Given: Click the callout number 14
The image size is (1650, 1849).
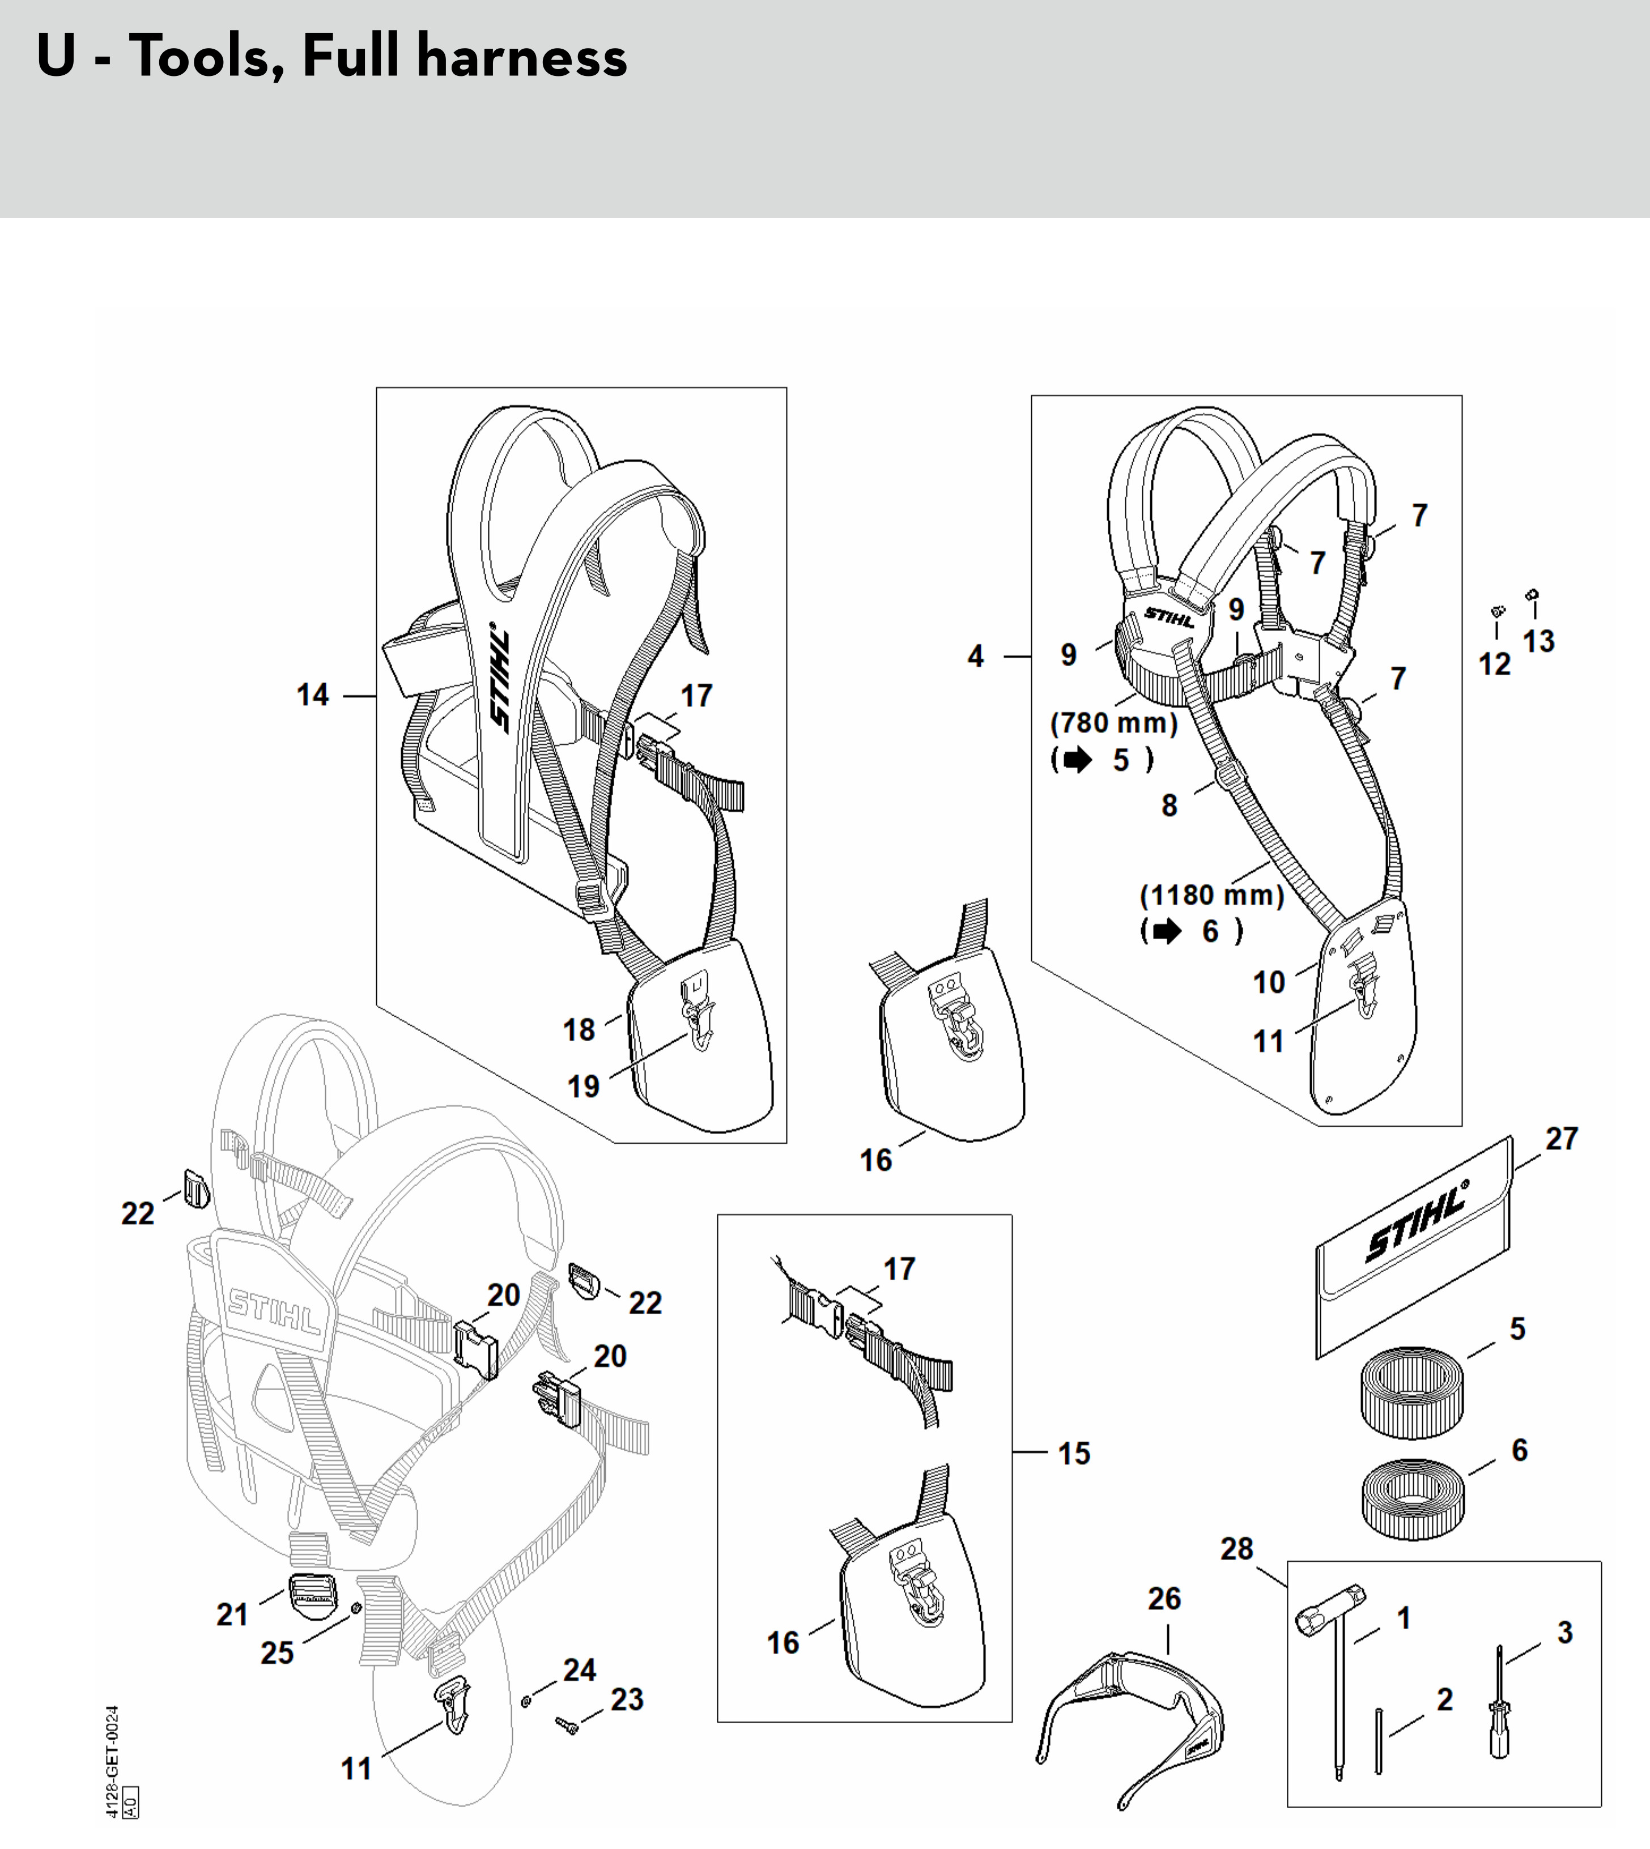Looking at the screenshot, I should click(313, 695).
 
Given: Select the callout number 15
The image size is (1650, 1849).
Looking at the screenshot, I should click(1074, 1453).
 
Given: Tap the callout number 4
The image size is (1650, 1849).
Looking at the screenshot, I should click(976, 655).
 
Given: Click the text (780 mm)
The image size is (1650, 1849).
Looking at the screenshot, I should click(1114, 723).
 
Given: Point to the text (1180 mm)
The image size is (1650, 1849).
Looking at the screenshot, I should click(1212, 896).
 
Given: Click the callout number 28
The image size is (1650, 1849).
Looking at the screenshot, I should click(1236, 1549).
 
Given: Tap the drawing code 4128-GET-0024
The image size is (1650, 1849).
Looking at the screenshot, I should click(112, 1762).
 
